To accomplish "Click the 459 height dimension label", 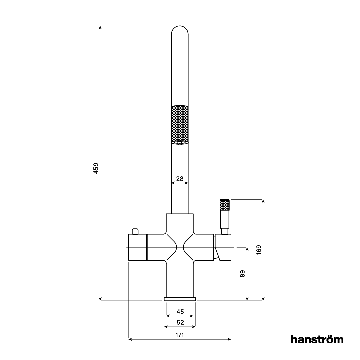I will pos(96,168).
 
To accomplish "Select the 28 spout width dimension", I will pos(180,179).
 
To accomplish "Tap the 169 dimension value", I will pos(259,250).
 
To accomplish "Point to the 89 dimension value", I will pos(242,273).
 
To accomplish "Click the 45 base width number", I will pos(180,312).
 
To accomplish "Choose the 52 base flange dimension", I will pos(180,322).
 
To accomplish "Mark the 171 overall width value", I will pos(180,335).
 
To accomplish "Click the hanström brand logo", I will pos(317,339).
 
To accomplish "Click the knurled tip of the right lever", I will pos(225,205).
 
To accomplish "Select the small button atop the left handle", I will pos(135,231).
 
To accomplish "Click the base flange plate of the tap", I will pos(180,299).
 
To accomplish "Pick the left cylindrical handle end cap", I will pos(137,247).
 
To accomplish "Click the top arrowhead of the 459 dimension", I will pos(100,27).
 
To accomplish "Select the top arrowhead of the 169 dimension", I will pos(263,201).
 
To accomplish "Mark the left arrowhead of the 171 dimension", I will pos(130,339).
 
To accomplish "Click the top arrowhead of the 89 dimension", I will pos(247,249).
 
